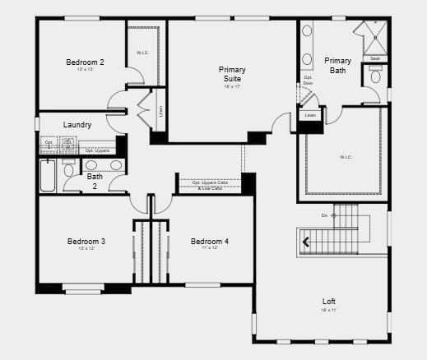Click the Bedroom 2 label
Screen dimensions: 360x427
pos(85,62)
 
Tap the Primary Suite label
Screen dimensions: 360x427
pos(232,74)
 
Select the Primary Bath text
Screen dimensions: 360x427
pos(338,66)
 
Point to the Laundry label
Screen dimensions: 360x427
pos(77,125)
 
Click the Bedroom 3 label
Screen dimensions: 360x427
pos(86,241)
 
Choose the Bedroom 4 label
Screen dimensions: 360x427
pos(210,241)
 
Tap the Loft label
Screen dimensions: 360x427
pos(329,302)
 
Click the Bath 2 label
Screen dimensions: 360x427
pos(95,181)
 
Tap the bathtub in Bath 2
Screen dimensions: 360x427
pos(48,175)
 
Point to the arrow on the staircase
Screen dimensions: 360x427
pos(308,241)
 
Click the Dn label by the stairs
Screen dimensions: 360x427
pos(324,215)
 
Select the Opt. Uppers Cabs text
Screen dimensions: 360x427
pos(210,182)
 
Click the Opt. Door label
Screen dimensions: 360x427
pos(308,81)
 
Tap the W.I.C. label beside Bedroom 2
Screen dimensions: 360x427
pos(142,53)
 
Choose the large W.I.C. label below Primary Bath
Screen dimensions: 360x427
pos(346,156)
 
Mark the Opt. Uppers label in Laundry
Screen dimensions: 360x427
pos(97,150)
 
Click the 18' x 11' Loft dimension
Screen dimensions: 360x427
pos(329,310)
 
